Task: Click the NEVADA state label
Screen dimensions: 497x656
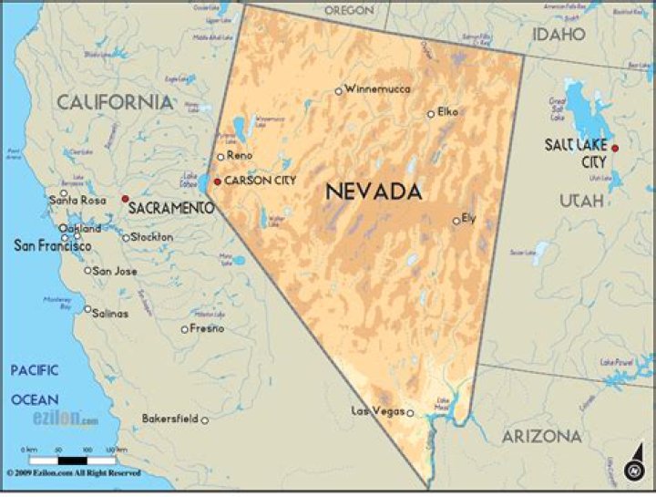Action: pos(374,192)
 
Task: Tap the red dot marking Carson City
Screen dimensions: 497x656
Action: pos(217,181)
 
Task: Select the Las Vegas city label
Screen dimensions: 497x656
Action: pos(377,411)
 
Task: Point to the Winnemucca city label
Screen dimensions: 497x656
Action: pos(378,88)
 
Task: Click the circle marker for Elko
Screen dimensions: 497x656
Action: pos(431,114)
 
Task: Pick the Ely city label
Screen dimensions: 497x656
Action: pos(469,218)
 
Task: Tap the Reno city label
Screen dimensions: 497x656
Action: pos(240,156)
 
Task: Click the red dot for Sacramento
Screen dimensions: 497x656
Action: pos(126,198)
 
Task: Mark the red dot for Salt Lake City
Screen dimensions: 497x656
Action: pos(615,148)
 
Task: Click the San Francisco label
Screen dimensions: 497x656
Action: pos(52,246)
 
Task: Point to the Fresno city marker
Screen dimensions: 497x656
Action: pos(185,329)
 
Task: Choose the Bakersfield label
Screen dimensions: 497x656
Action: pos(170,419)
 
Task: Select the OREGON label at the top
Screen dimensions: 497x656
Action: pos(349,10)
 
